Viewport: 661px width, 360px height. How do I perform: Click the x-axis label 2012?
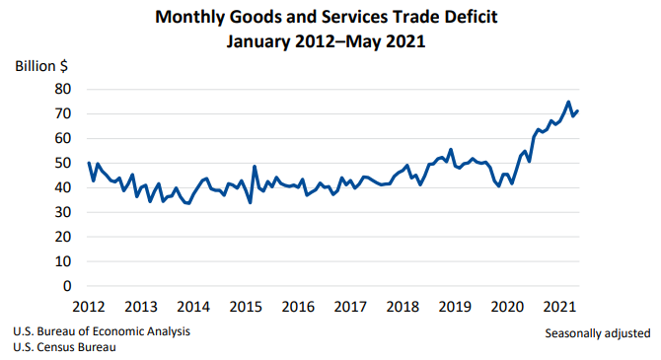[88, 306]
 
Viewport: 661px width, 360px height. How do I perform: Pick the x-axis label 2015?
[248, 306]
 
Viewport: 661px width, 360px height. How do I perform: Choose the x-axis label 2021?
[559, 306]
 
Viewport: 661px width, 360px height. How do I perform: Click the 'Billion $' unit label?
[41, 66]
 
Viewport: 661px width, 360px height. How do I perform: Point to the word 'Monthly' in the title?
[193, 18]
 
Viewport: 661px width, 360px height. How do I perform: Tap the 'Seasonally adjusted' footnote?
[597, 332]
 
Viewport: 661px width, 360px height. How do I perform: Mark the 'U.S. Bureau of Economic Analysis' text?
[102, 331]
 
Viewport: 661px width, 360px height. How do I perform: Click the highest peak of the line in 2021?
[568, 102]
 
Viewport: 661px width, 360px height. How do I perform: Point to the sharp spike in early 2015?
[255, 167]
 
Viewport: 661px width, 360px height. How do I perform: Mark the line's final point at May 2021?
[578, 110]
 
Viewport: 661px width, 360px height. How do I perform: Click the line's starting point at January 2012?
[89, 163]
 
